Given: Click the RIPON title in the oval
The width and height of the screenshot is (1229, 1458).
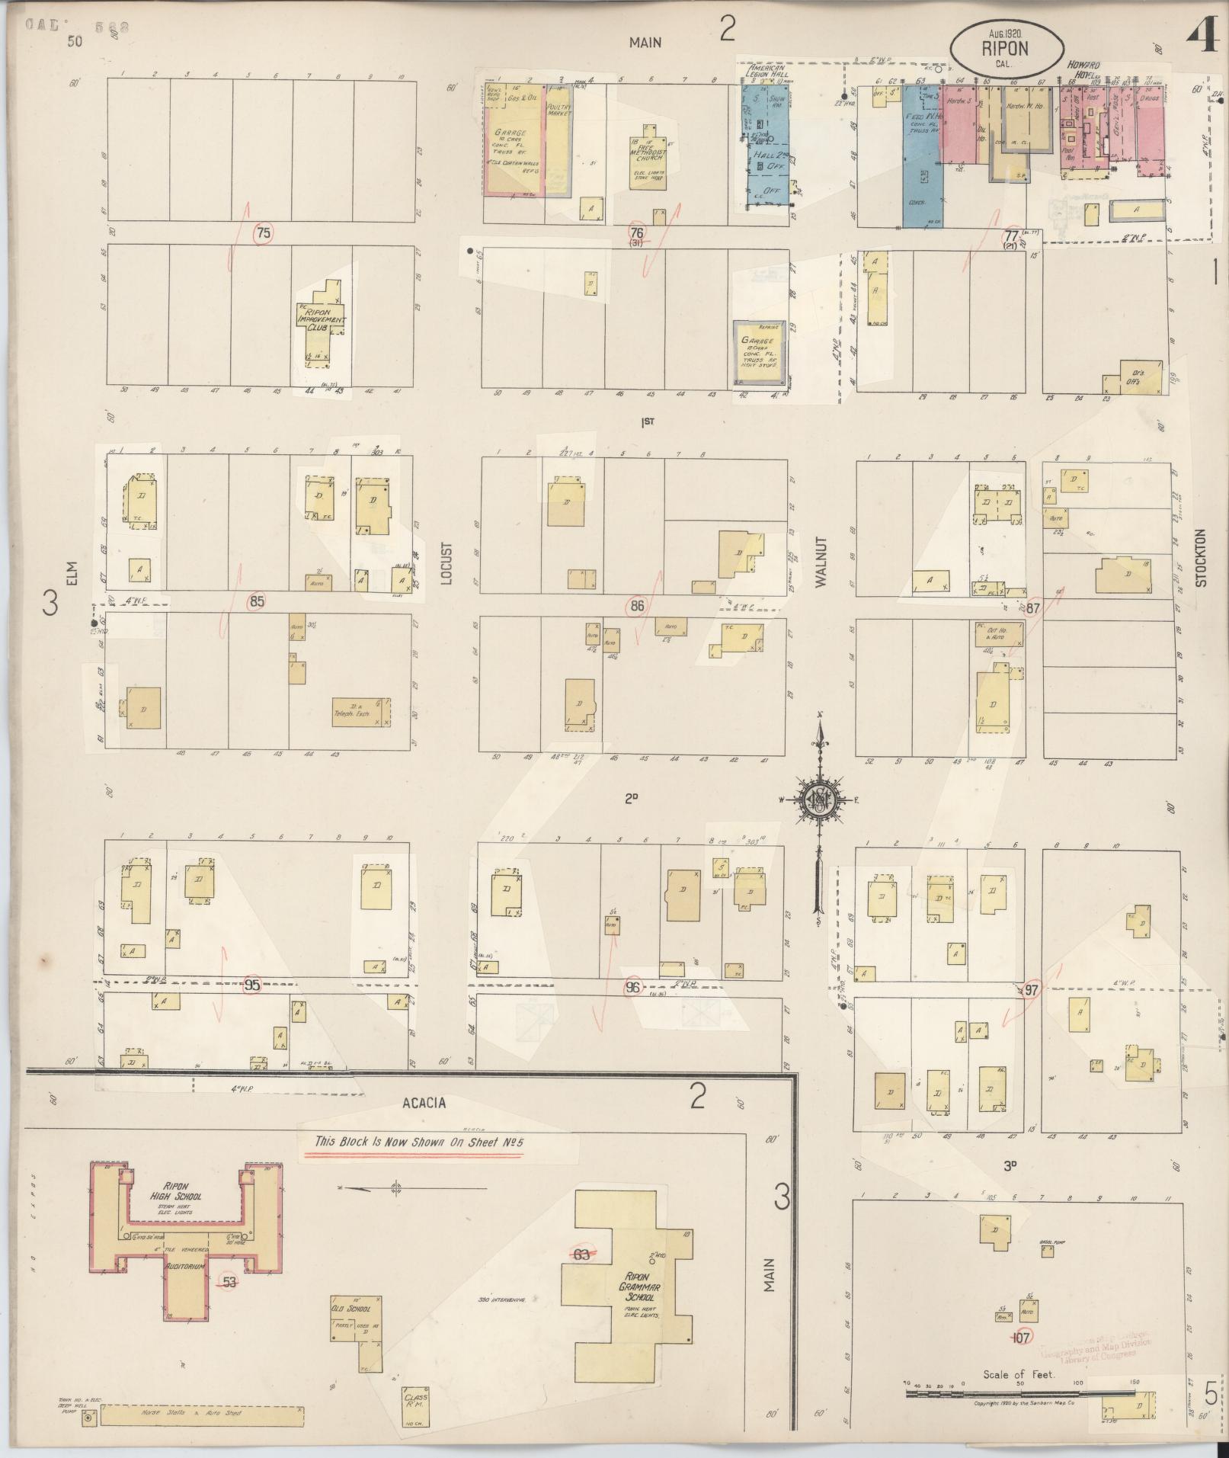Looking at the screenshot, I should click(1005, 48).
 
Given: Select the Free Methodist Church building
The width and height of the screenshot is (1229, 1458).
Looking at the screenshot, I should click(648, 160).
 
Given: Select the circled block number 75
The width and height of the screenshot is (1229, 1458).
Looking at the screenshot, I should click(264, 233).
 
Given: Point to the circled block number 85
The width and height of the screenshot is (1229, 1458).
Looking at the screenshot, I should click(257, 602).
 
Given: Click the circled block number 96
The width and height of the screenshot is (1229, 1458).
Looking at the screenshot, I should click(632, 987).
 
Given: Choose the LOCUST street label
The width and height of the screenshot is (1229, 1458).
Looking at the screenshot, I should click(446, 564).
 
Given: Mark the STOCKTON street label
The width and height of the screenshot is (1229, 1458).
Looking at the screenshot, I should click(1202, 558).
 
